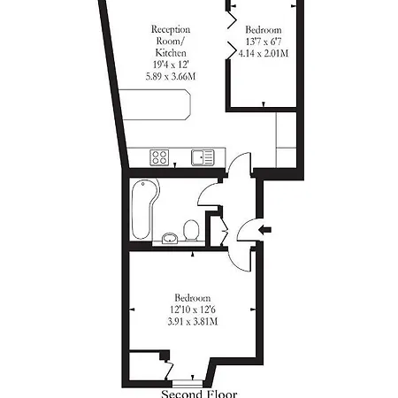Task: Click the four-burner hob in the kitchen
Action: pos(160,157)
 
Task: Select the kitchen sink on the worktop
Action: pos(202,157)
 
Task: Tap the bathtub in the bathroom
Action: pos(142,209)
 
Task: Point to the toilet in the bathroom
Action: pos(189,231)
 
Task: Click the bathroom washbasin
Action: pos(169,236)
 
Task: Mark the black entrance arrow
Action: pos(263,231)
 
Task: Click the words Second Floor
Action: pos(196,393)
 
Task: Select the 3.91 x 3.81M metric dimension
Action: pos(192,321)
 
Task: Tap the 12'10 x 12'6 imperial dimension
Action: pos(192,309)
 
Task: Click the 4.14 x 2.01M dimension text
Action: pos(264,53)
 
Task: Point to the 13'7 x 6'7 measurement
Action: pos(264,42)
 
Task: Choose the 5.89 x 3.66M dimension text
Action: pos(169,77)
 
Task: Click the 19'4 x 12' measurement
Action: pos(169,65)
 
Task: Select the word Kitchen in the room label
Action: pos(169,53)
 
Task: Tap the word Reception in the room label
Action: pos(169,29)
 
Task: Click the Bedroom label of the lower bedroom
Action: pos(192,296)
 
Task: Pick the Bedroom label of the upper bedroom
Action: pos(264,29)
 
